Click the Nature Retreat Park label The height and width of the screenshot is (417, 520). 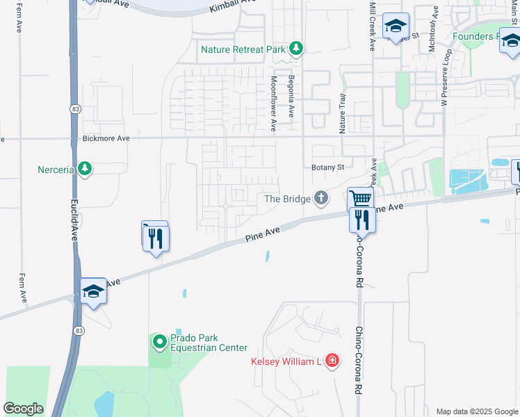[242, 49]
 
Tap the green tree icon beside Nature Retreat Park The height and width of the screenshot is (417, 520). [297, 48]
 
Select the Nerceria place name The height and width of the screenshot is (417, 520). [56, 169]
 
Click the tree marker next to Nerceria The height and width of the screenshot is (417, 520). [85, 169]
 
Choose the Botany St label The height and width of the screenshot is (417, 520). [327, 167]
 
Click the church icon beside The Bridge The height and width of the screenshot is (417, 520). [321, 199]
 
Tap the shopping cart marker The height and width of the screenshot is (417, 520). [361, 199]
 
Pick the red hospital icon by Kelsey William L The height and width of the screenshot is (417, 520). [332, 360]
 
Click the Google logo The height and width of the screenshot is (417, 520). [23, 409]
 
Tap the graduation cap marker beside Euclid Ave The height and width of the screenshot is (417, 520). [93, 292]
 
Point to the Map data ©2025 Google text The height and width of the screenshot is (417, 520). [476, 411]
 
